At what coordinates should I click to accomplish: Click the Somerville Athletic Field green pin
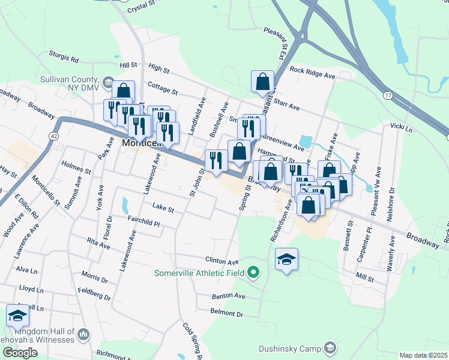pos(253,273)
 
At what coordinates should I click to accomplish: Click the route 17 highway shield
pos(388,95)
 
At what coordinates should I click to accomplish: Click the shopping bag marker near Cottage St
pos(123,91)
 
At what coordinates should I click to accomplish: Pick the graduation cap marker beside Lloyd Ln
pos(18,315)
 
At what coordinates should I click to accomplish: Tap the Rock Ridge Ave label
pos(312,71)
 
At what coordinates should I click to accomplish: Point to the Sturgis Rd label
pos(65,59)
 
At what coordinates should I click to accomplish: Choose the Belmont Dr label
pos(226,313)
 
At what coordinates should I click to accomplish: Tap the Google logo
pos(20,353)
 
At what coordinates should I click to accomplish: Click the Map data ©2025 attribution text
pos(423,355)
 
